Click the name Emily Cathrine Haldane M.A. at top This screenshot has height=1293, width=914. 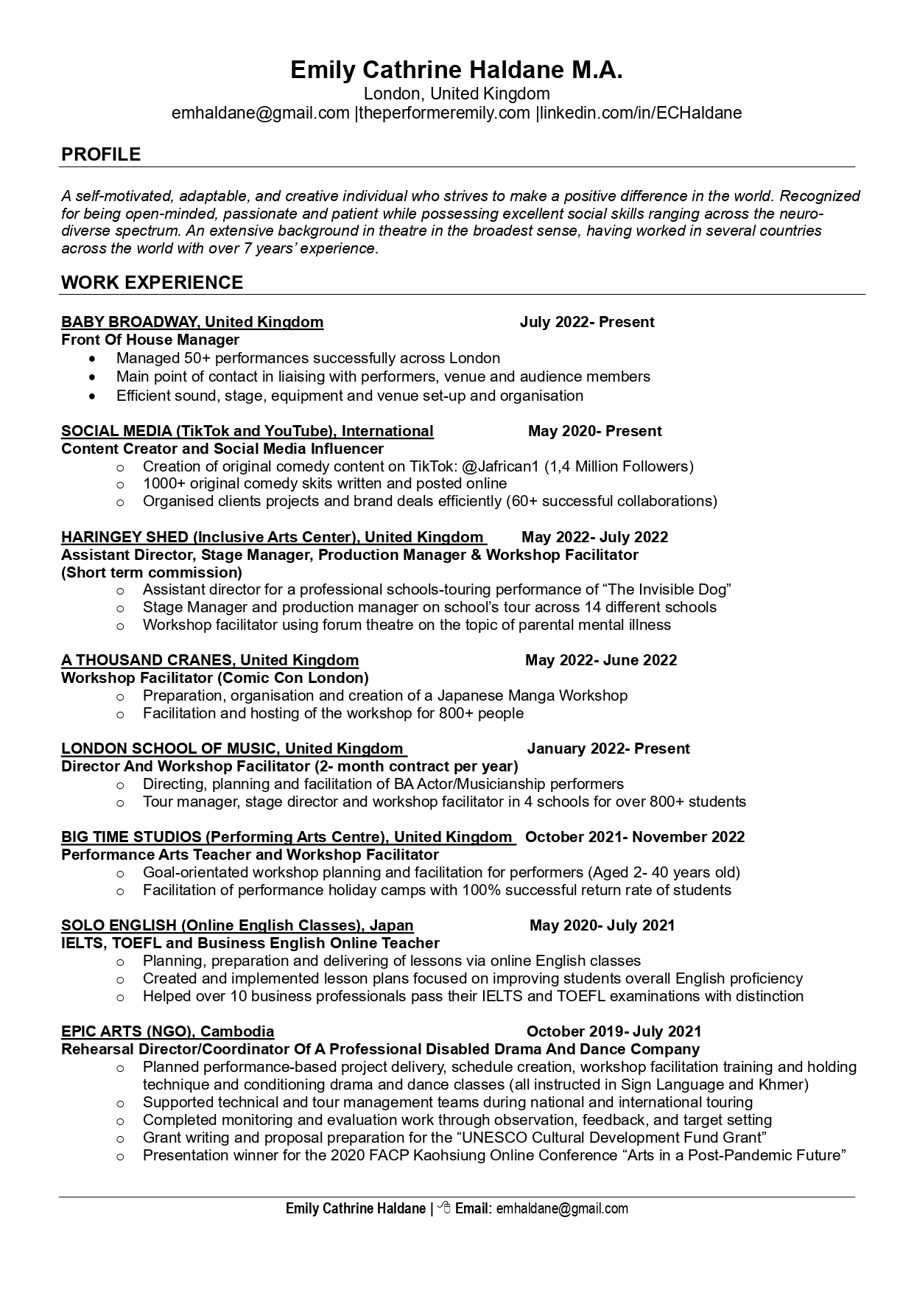[456, 70]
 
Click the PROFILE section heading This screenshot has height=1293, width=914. [101, 154]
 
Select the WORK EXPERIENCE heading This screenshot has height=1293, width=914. [152, 282]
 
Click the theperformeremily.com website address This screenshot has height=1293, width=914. [444, 113]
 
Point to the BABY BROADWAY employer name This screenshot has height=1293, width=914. [130, 322]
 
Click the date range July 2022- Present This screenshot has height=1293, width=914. [586, 322]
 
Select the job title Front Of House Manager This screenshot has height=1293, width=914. [150, 340]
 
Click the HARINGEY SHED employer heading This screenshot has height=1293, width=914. [125, 537]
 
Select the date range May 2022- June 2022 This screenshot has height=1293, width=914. [600, 660]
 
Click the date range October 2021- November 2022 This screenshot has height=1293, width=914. [634, 837]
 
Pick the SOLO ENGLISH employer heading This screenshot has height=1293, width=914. [119, 925]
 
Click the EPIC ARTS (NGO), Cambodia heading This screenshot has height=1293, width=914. [167, 1031]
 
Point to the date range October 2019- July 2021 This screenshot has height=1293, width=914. [614, 1031]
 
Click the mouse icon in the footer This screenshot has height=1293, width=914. [444, 1208]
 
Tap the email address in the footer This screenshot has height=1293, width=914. [562, 1208]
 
